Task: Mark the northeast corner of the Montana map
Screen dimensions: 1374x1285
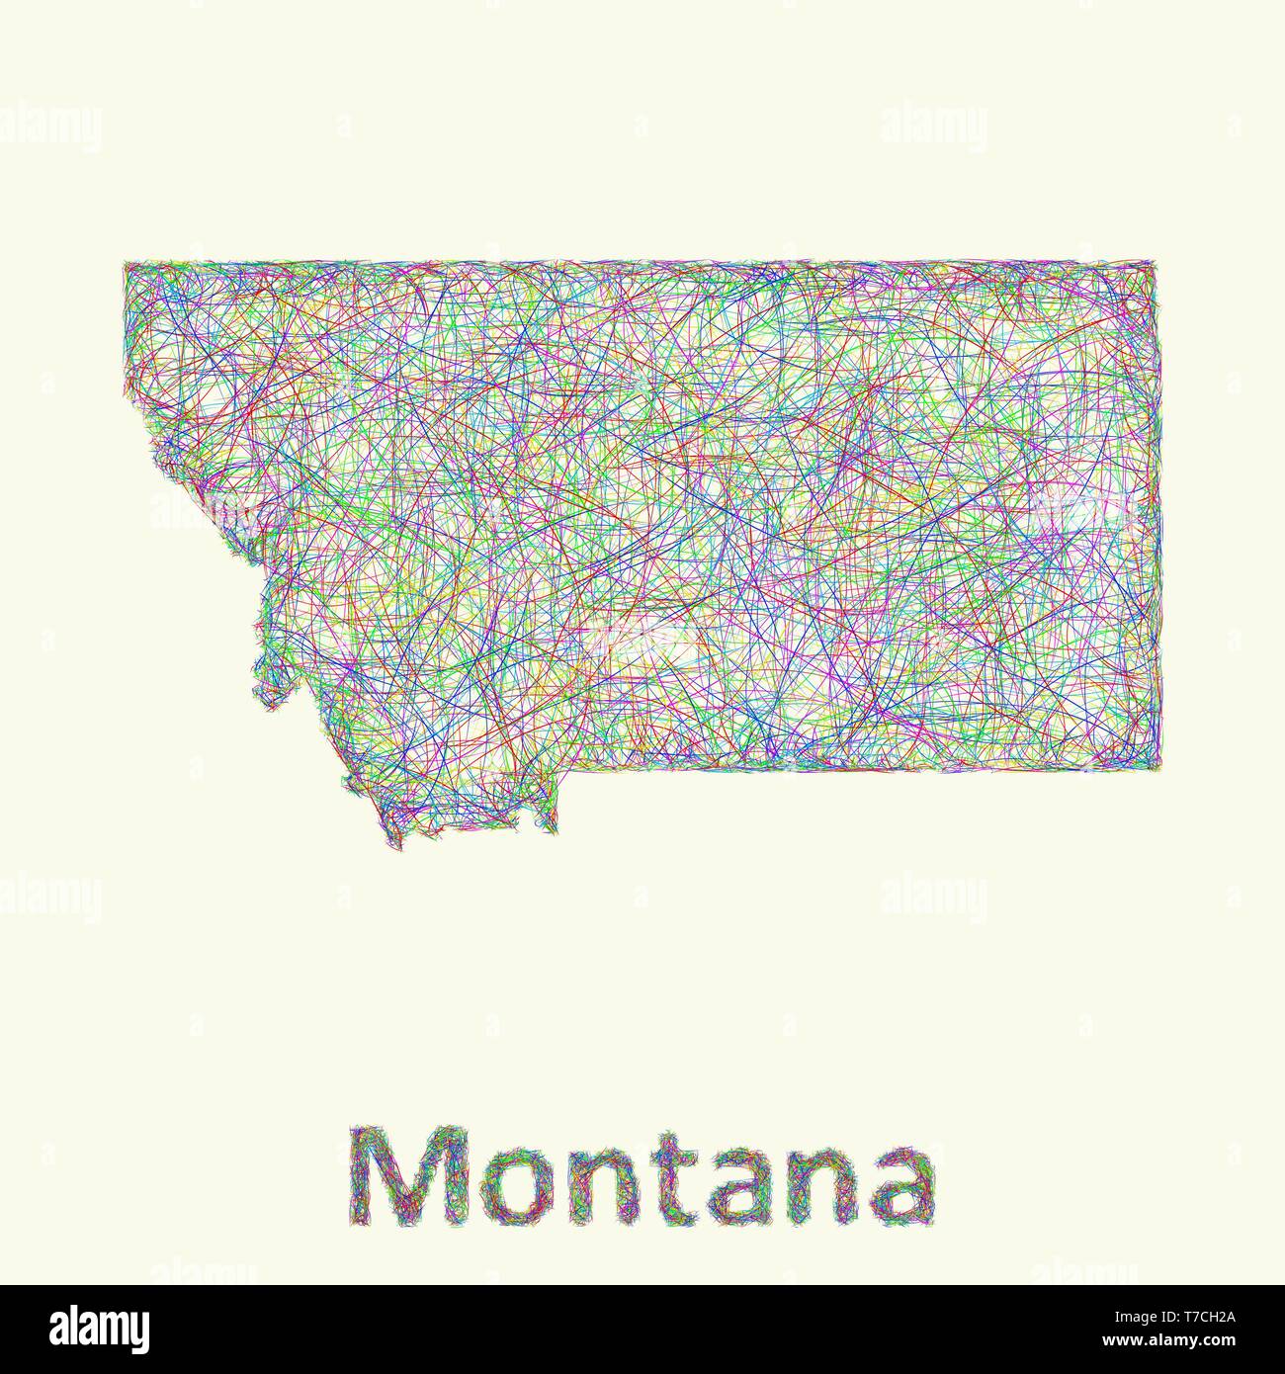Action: [x=1154, y=263]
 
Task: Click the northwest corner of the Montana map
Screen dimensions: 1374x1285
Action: [x=126, y=264]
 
